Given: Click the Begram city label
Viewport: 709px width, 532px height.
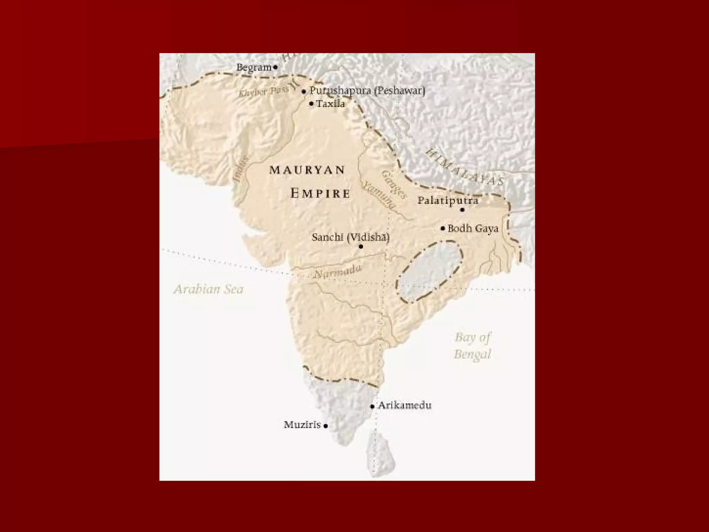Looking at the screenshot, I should tap(254, 68).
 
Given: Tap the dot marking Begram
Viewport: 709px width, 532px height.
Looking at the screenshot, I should tap(276, 67).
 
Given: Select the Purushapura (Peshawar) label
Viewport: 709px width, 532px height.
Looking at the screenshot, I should tap(367, 91).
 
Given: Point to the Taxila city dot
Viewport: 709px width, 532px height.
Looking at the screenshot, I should tap(311, 104).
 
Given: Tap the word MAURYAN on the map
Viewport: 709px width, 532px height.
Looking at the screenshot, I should tap(307, 170).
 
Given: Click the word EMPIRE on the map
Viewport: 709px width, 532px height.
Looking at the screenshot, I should tap(320, 193).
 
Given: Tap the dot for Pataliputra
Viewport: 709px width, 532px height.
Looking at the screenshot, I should tap(462, 210).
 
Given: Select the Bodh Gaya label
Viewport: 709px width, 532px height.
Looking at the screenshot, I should tap(473, 229).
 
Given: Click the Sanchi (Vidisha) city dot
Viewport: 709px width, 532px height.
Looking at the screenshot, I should tap(361, 247).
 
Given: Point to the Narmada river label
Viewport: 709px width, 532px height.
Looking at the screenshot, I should tap(338, 272).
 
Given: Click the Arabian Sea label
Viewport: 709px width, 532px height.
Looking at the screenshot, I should tap(209, 290).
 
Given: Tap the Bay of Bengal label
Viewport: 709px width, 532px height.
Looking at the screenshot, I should tap(473, 346).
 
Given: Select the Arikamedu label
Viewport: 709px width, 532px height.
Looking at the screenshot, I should tap(405, 405).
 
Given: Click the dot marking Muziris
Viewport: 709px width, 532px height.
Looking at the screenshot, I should tap(326, 426).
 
